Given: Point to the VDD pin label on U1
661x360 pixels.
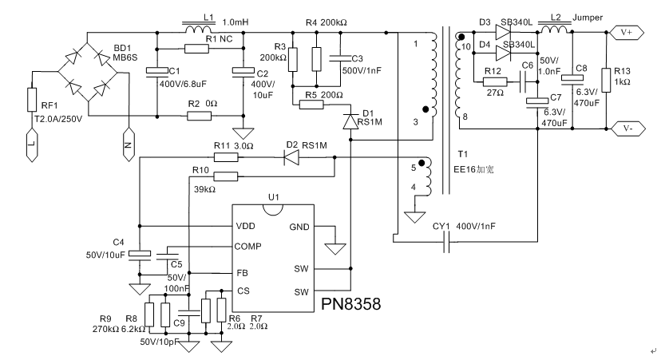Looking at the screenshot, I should click(x=246, y=227).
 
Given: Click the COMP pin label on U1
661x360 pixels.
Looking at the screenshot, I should click(x=249, y=247).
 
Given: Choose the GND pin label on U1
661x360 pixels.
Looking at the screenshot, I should click(x=299, y=227).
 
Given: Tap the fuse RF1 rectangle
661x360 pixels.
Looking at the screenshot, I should click(x=33, y=99).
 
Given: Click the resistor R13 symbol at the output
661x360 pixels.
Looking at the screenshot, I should click(x=606, y=80).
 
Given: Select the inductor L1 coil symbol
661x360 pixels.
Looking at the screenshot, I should click(x=199, y=31).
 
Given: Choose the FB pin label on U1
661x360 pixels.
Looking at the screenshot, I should click(x=243, y=272).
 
